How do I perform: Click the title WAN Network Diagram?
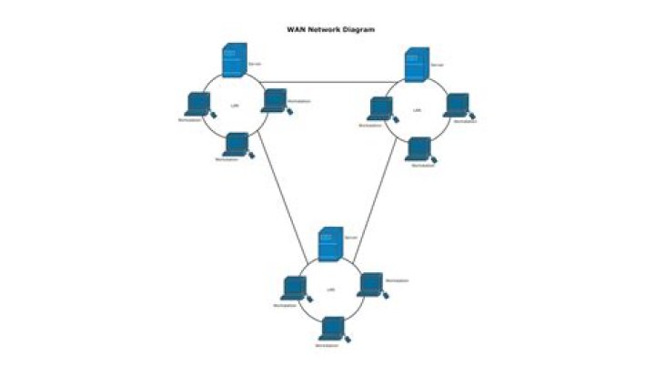click(330, 29)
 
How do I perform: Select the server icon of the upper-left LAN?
click(233, 61)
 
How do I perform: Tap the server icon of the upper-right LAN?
click(416, 66)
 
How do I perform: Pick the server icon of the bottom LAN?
click(330, 244)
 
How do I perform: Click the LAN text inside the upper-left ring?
click(235, 107)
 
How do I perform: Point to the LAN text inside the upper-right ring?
click(417, 111)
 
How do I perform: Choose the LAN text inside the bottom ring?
click(330, 290)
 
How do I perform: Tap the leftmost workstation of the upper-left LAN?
click(195, 103)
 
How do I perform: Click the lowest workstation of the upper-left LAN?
click(237, 145)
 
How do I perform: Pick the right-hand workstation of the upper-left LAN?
click(275, 100)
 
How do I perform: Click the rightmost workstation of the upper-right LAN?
click(457, 106)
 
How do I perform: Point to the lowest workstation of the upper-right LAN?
click(418, 148)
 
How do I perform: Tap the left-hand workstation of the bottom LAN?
click(293, 289)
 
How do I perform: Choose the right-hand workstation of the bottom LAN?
click(369, 284)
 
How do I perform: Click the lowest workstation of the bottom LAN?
click(333, 329)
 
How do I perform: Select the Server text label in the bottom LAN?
click(350, 237)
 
